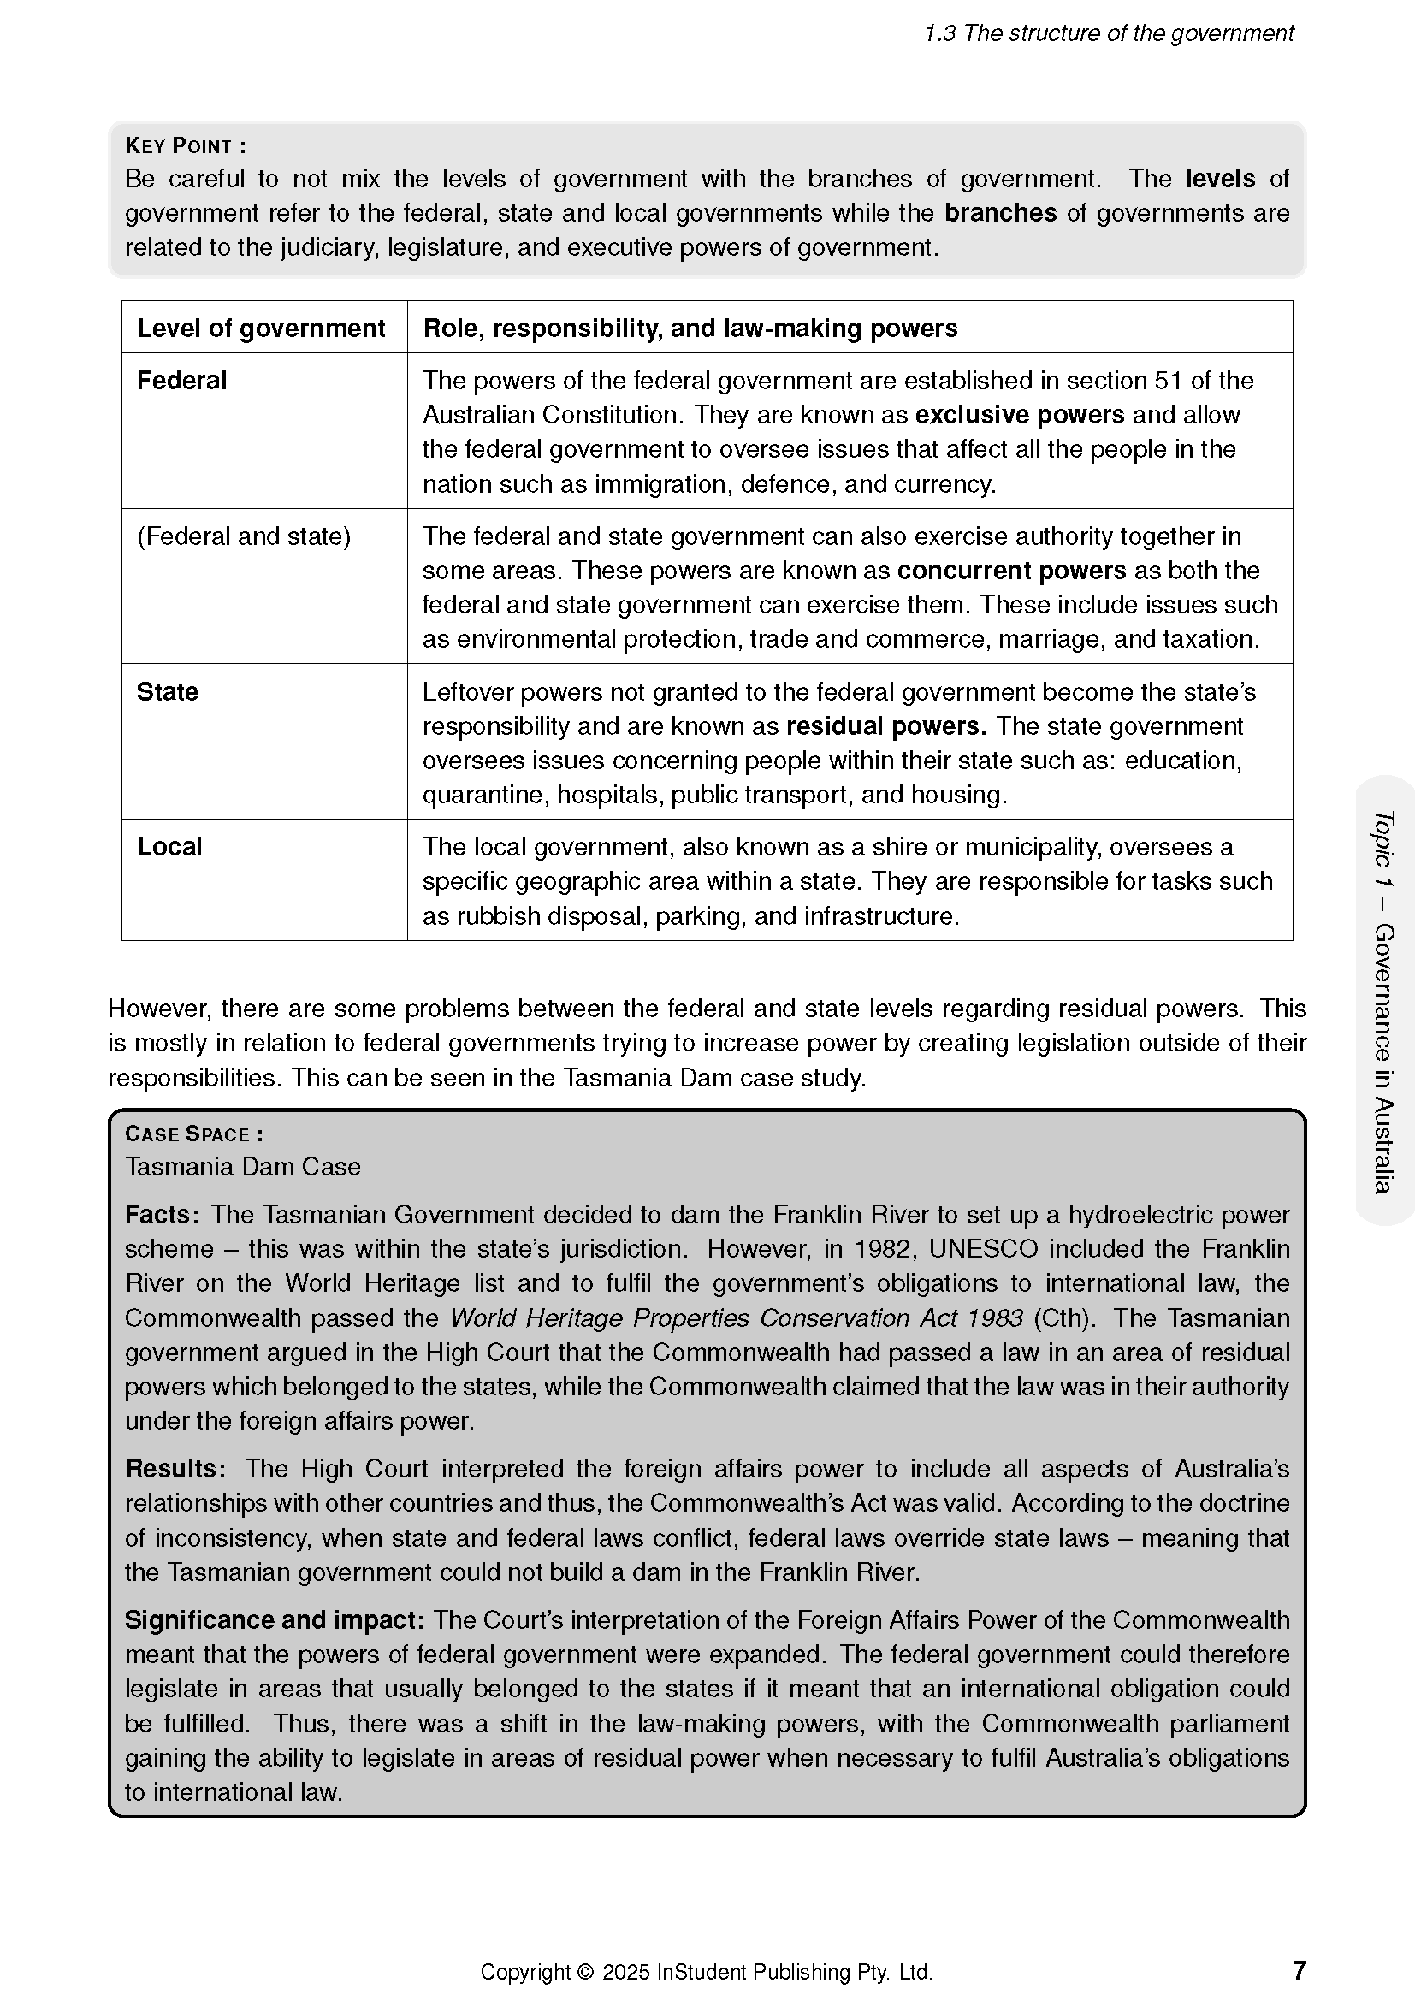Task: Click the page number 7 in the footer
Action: tap(1300, 1970)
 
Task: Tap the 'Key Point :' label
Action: tap(185, 145)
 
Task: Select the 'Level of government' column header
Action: tap(261, 328)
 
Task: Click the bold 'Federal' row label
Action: tap(181, 380)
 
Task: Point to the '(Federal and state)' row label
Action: tap(244, 536)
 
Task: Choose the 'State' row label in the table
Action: tap(168, 691)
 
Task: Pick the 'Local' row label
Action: tap(169, 846)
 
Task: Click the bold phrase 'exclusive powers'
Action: tap(1020, 415)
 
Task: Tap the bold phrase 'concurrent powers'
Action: tap(1011, 571)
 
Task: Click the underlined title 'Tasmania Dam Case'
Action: tap(242, 1166)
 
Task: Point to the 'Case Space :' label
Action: tap(193, 1134)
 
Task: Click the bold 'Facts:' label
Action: tap(162, 1214)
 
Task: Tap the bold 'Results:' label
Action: tap(175, 1469)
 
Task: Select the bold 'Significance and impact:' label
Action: tap(274, 1620)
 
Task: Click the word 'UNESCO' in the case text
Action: tap(983, 1249)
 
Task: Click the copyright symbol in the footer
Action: tap(584, 1972)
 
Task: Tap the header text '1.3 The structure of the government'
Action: tap(1108, 33)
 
